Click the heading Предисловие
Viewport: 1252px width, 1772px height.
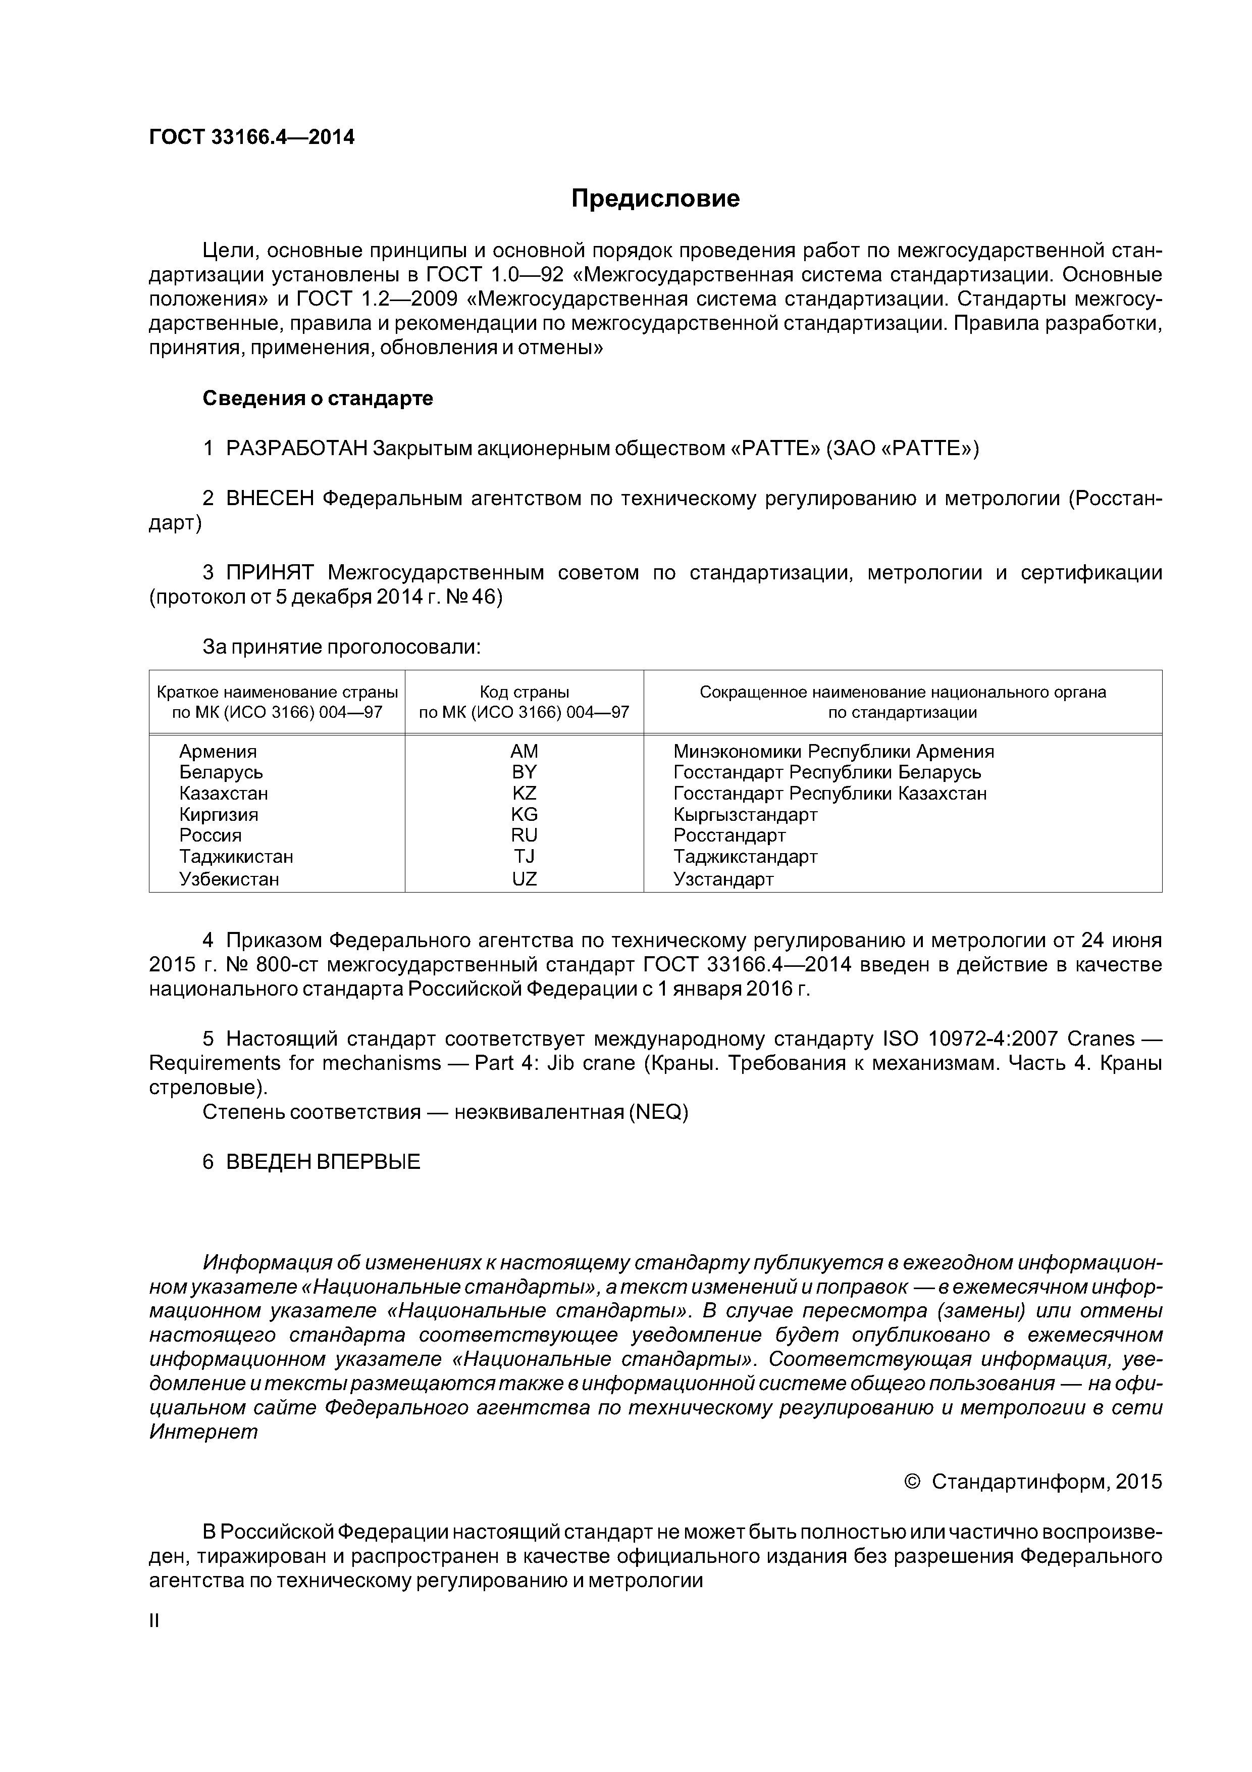coord(655,199)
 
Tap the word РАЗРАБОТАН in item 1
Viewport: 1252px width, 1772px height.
coord(296,449)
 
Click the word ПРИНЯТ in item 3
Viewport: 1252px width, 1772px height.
coord(270,573)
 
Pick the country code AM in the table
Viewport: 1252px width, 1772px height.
coord(524,752)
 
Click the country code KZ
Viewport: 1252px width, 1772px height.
coord(524,794)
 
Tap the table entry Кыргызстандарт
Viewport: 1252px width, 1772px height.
coord(745,815)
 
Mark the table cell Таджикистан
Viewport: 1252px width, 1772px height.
coord(236,857)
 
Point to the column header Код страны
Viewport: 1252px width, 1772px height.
coord(524,693)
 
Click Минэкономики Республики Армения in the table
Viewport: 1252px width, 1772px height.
coord(833,752)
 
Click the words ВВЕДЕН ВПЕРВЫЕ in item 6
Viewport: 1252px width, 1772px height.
coord(323,1162)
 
